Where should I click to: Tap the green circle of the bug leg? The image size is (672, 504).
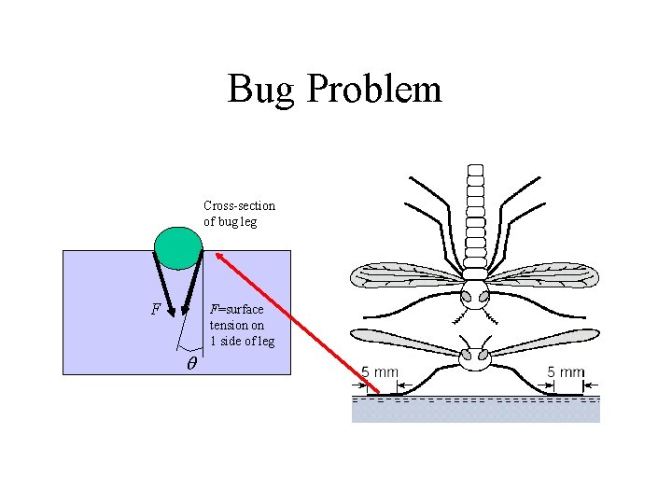tap(178, 246)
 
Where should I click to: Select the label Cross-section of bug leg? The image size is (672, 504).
tap(239, 214)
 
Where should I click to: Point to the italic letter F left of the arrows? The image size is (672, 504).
tap(156, 308)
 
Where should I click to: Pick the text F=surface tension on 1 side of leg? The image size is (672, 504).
tap(242, 325)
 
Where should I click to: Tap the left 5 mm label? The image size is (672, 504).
tap(380, 371)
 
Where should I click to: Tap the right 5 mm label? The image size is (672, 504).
tap(566, 371)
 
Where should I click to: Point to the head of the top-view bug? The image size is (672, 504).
tap(476, 298)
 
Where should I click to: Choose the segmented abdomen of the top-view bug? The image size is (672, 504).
tap(476, 215)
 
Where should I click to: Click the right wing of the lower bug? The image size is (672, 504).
tap(546, 343)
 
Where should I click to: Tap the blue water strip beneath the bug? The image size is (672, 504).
tap(476, 411)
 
